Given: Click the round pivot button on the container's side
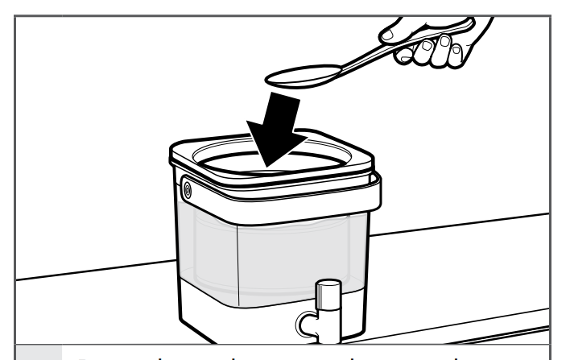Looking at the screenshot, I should [x=188, y=191].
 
